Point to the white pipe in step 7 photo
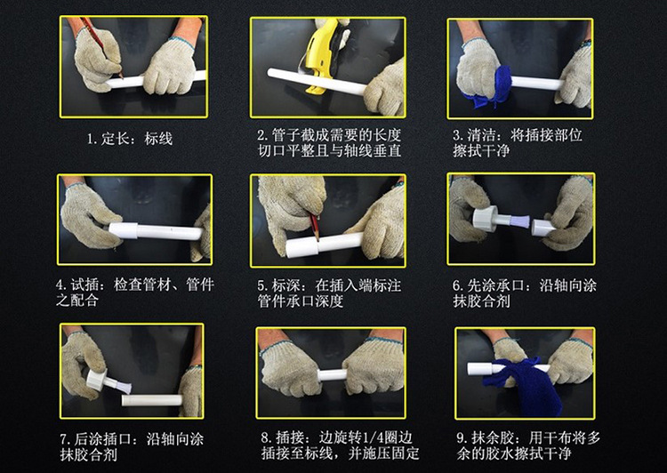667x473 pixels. point(151,400)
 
